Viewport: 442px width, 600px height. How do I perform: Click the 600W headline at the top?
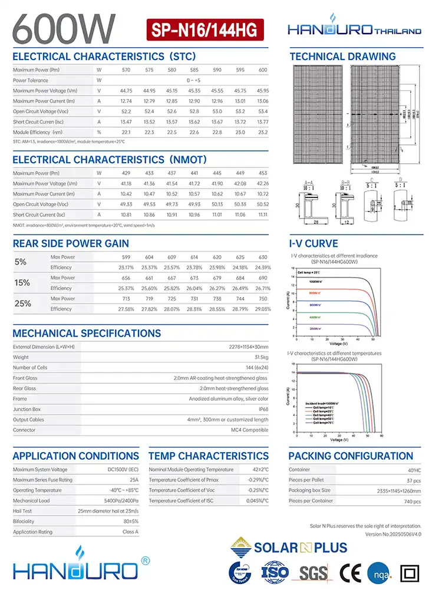pyautogui.click(x=67, y=27)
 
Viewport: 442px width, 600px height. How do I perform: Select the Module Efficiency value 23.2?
pyautogui.click(x=262, y=133)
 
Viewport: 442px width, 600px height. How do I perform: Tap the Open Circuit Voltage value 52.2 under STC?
pyautogui.click(x=126, y=111)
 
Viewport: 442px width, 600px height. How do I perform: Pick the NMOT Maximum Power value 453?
pyautogui.click(x=262, y=173)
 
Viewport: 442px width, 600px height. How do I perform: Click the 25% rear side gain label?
pyautogui.click(x=22, y=304)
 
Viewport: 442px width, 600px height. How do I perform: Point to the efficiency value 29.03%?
pyautogui.click(x=262, y=309)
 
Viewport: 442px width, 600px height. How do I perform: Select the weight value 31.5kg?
pyautogui.click(x=260, y=357)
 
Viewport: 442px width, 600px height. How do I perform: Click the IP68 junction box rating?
pyautogui.click(x=263, y=409)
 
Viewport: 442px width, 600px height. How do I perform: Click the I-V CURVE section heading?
pyautogui.click(x=314, y=243)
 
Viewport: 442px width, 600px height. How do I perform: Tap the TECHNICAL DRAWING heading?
pyautogui.click(x=342, y=57)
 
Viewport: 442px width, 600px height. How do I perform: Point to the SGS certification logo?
pyautogui.click(x=314, y=572)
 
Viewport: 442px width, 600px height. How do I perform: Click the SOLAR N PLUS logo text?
pyautogui.click(x=301, y=548)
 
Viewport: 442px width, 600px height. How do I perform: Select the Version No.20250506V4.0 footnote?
pyautogui.click(x=393, y=534)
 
